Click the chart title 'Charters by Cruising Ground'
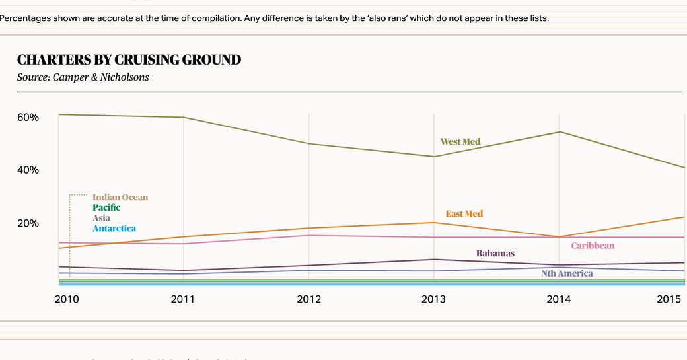(129, 60)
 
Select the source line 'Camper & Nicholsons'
(83, 77)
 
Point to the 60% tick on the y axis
(28, 117)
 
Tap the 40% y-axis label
(28, 170)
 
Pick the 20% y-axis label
(28, 223)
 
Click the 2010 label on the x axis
(67, 299)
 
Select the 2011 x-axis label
(183, 299)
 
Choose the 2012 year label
(308, 299)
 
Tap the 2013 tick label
(433, 299)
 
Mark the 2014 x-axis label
(559, 299)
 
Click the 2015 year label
(669, 299)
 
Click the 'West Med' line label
(460, 141)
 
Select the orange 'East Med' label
(464, 213)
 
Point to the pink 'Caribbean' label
(593, 246)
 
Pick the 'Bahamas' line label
(495, 253)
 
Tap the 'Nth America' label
(567, 273)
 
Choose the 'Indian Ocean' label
(120, 197)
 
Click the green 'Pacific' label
(106, 207)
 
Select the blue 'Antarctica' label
(114, 229)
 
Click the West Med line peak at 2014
(560, 132)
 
